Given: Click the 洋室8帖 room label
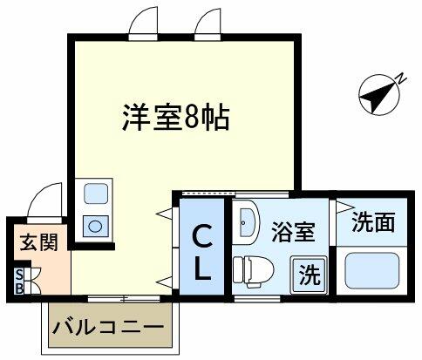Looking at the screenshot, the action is [176, 117].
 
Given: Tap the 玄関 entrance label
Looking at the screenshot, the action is [39, 242].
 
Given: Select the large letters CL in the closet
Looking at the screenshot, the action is [202, 253].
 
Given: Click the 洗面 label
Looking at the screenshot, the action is [373, 222].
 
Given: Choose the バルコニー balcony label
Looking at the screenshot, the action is [108, 328].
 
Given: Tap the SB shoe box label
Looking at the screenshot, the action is [19, 282].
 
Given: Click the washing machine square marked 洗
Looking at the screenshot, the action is [310, 275].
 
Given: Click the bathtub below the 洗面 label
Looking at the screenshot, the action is [372, 271].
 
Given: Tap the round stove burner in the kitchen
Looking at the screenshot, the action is [95, 226].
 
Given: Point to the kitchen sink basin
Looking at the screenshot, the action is [96, 194].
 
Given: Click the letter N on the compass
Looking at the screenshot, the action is [401, 78].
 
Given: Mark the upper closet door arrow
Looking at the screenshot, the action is [165, 214].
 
